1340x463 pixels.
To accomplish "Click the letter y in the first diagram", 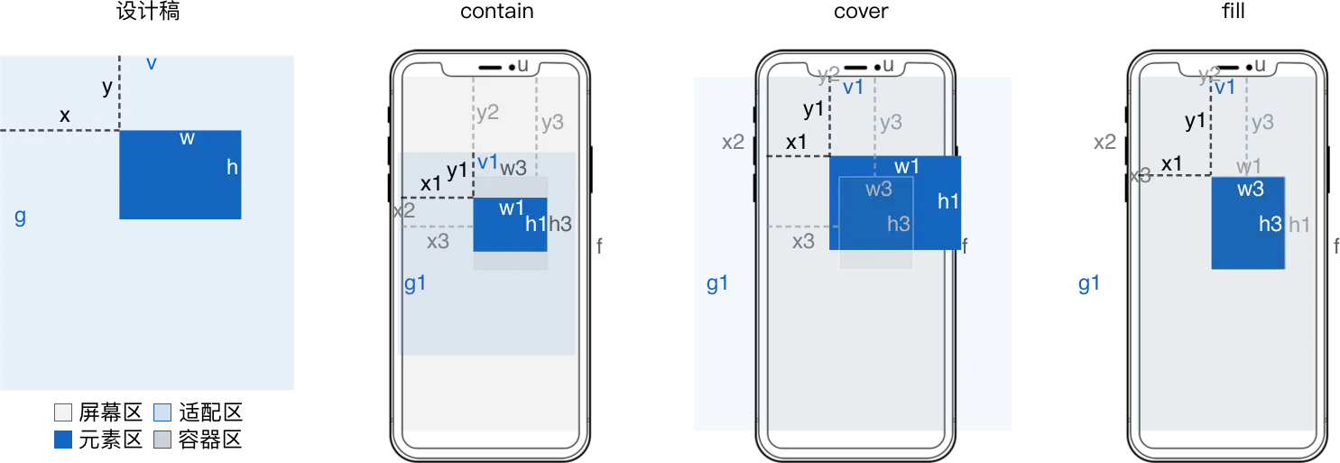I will click(107, 88).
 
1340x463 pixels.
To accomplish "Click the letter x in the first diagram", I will click(64, 116).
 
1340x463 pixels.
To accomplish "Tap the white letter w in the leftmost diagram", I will click(187, 138).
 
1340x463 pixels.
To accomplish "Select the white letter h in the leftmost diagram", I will click(232, 167).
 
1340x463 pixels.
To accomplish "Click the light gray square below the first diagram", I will click(162, 440).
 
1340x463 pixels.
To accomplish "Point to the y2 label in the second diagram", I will click(487, 113).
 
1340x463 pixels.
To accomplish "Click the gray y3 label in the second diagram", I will click(552, 122).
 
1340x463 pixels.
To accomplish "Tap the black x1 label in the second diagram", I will click(431, 183).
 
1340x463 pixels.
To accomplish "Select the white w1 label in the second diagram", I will click(512, 208).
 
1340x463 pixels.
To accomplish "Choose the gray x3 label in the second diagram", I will click(438, 241).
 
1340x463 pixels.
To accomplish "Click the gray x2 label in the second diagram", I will click(403, 211).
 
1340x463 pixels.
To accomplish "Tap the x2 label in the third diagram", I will click(733, 142).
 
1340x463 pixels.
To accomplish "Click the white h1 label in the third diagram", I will click(947, 201).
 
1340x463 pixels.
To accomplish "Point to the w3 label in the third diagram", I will click(879, 190).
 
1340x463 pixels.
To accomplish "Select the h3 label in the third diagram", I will click(898, 224).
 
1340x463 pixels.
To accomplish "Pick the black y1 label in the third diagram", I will click(813, 110).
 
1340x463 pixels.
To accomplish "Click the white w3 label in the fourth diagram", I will click(1250, 190).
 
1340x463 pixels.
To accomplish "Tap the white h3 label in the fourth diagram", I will click(1270, 224).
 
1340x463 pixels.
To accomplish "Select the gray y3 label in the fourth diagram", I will click(1261, 122).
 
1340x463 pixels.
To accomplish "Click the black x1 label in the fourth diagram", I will click(1171, 163).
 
